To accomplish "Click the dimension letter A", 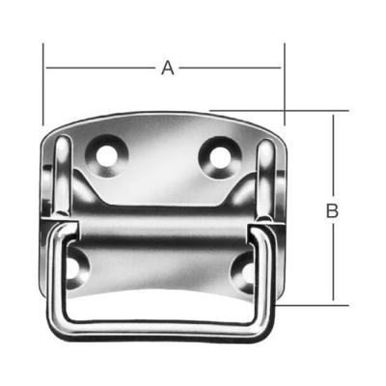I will pos(167,68).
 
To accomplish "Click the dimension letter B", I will pos(333,209).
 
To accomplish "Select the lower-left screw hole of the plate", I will pos(79,265).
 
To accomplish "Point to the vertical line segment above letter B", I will pos(333,154).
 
